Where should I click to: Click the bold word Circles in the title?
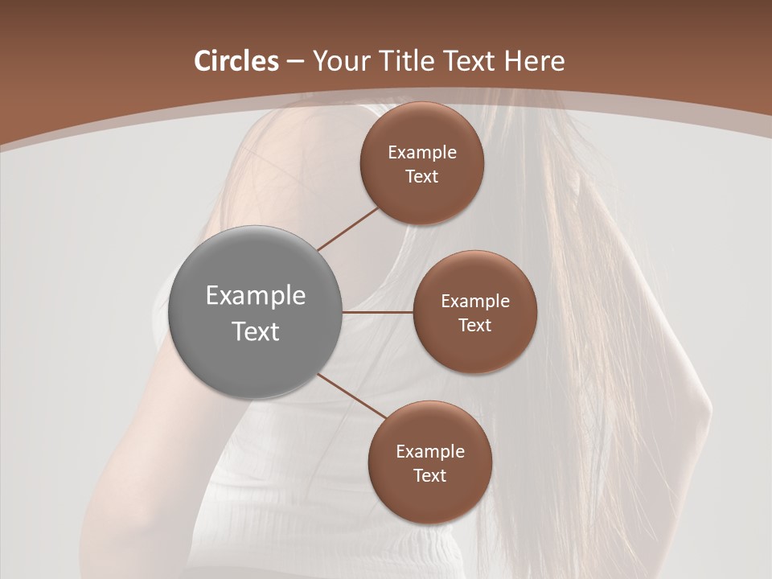[x=236, y=61]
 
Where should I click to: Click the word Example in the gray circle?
[x=256, y=296]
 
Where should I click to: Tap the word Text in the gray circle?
[x=256, y=331]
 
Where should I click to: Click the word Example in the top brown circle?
[x=422, y=153]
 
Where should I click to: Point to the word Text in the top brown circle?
[x=422, y=177]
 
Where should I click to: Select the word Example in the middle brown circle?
[x=475, y=302]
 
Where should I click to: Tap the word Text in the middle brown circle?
[x=475, y=326]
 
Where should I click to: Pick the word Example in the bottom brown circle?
[x=430, y=452]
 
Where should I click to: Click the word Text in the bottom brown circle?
[x=430, y=476]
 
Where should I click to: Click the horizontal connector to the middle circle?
[x=378, y=311]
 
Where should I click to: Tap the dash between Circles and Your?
[x=295, y=62]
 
